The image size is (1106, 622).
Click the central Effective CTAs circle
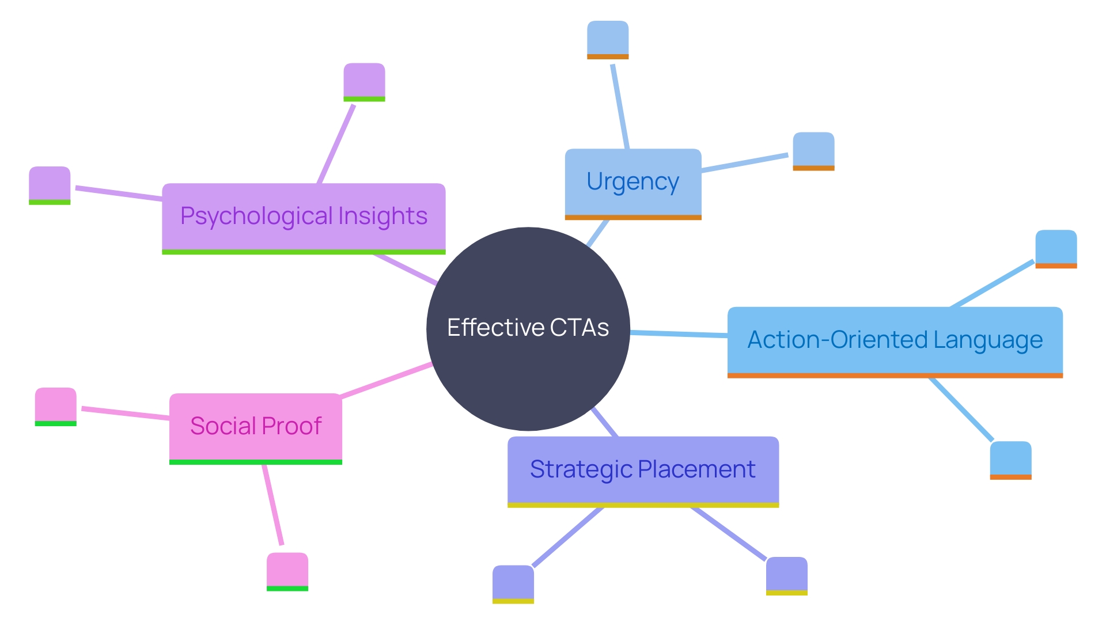tap(528, 328)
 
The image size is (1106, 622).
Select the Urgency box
tap(632, 183)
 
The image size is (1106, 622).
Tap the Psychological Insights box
tap(304, 217)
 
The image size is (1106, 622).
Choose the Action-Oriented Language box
tap(895, 341)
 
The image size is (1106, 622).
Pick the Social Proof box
tap(255, 427)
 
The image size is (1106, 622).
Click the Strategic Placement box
tap(643, 471)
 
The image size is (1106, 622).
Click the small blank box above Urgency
tap(608, 39)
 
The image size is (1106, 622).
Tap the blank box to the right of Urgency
tap(813, 151)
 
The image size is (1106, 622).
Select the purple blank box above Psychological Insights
tap(364, 81)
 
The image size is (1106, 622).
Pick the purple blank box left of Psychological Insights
tap(50, 185)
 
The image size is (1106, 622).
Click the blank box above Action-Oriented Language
tap(1056, 248)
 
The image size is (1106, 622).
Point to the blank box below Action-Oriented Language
tap(1010, 460)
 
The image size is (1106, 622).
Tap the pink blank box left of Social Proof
tap(55, 406)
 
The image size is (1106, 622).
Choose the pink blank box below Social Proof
tap(287, 571)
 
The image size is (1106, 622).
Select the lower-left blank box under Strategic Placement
tap(513, 583)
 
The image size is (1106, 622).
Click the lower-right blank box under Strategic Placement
tap(786, 575)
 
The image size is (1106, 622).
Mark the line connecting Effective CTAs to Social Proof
tap(386, 380)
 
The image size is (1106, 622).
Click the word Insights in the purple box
tap(382, 217)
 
